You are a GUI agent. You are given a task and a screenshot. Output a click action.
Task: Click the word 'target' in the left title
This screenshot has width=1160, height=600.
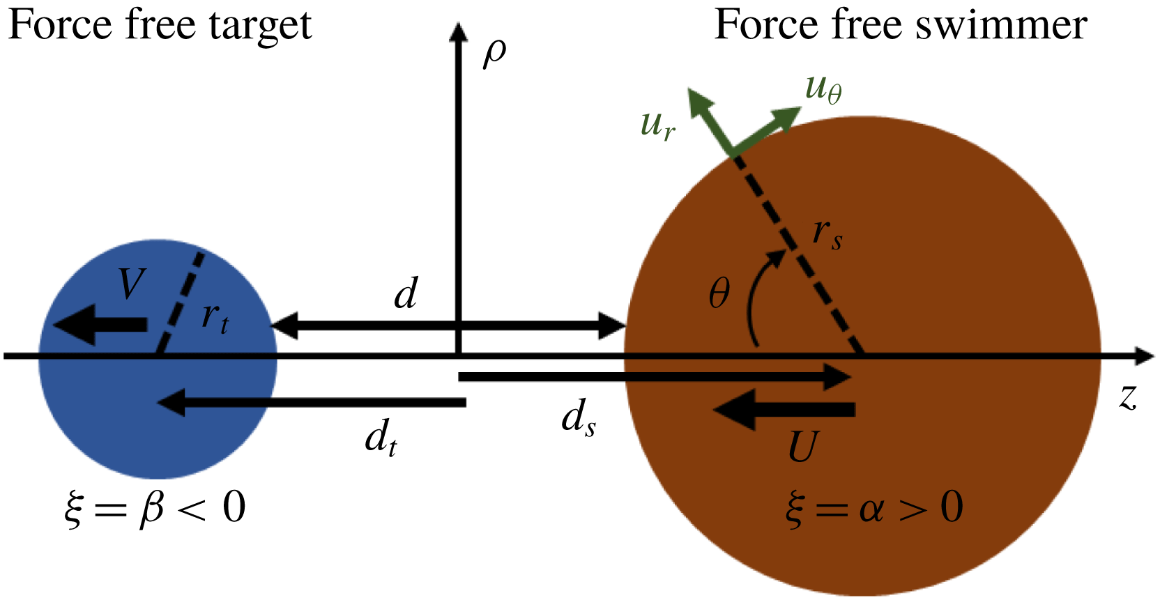(264, 26)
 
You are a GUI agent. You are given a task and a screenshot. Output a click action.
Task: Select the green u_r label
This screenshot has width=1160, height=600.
(657, 125)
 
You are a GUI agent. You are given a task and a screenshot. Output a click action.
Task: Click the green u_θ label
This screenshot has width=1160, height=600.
(823, 89)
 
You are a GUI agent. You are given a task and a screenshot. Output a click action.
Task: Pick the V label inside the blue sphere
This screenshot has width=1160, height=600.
(131, 283)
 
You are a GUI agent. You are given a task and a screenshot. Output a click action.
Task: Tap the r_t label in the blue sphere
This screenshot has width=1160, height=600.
(215, 317)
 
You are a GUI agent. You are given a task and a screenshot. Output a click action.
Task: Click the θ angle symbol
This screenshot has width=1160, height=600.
(719, 293)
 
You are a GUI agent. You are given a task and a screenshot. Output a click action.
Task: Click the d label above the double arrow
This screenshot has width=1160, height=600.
(406, 293)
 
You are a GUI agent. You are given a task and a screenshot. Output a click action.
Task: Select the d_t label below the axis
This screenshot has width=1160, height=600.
(381, 439)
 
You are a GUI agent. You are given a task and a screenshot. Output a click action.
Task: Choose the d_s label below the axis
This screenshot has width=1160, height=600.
(579, 419)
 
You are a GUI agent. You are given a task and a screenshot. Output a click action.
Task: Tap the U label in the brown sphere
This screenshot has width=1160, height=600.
(802, 447)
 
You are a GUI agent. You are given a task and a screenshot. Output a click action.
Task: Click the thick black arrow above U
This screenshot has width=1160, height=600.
(784, 409)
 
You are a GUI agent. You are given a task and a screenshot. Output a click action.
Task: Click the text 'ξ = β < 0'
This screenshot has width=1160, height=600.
(155, 508)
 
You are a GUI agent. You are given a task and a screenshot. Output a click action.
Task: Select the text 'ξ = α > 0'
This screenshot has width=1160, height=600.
(874, 508)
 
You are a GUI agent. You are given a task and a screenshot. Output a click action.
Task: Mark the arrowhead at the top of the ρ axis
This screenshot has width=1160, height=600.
(458, 31)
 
